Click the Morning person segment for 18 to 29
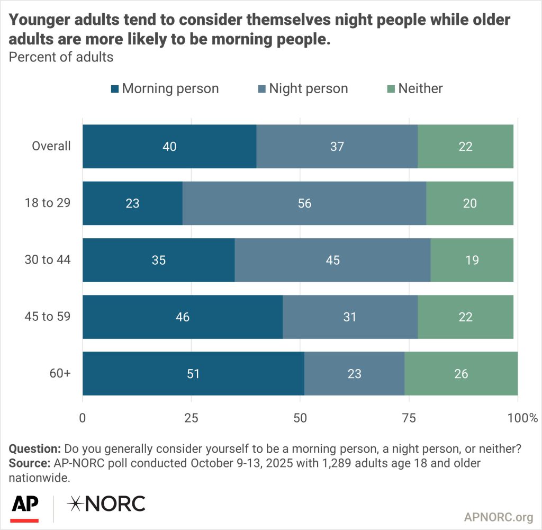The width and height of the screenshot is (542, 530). [132, 203]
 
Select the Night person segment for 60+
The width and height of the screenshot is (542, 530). [354, 374]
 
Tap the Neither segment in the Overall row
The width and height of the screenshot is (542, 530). [465, 147]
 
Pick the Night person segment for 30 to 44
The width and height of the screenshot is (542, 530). [332, 260]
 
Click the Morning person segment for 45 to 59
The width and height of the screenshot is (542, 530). [183, 317]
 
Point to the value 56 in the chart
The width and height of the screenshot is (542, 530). [304, 203]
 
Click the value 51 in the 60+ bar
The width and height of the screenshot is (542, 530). [193, 374]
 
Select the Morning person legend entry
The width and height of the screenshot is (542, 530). [165, 88]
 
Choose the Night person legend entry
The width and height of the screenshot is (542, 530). [303, 88]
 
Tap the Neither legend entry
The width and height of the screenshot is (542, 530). [414, 88]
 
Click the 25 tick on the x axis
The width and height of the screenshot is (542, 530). [191, 418]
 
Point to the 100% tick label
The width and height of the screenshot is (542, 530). [522, 418]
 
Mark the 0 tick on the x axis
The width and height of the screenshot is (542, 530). [83, 418]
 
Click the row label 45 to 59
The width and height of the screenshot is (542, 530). [48, 317]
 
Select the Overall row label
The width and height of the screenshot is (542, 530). [51, 146]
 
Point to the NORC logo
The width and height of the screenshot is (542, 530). [106, 505]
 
